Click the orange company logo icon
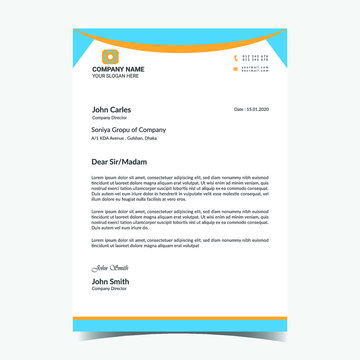110,56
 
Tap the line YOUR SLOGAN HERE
115,76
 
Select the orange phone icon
236,57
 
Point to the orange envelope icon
236,68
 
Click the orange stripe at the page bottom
180,319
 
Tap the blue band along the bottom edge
180,328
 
